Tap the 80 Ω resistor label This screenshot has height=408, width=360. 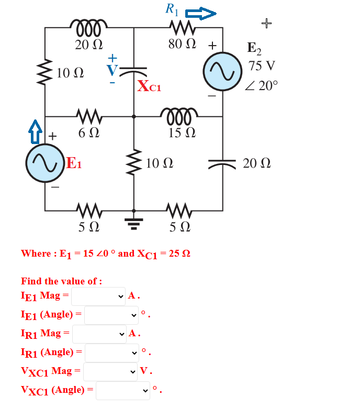tap(182, 45)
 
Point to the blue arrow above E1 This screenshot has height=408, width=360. tap(35, 129)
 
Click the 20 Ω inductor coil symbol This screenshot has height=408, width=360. tap(89, 25)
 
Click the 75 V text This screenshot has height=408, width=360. tap(262, 67)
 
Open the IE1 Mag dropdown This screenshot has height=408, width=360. tap(98, 296)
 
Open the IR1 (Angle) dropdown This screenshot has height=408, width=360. tap(111, 352)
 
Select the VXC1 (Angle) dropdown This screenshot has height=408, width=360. tap(122, 391)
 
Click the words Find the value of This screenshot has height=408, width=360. tap(61, 281)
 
